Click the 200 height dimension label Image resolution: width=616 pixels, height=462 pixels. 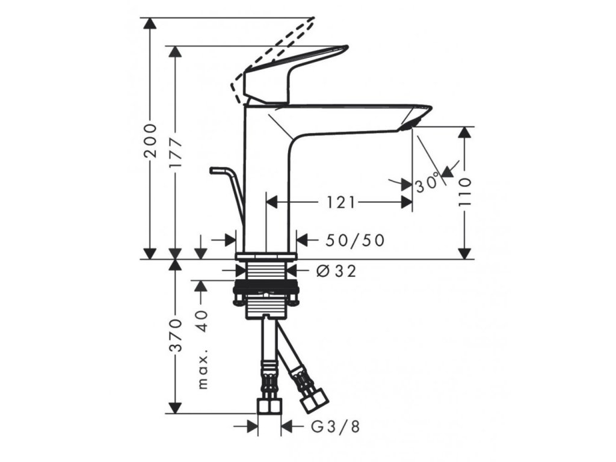pos(152,140)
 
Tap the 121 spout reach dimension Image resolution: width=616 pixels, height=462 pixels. pos(340,202)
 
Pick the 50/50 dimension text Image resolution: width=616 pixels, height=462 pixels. pos(355,240)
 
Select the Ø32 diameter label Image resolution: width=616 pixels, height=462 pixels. pos(336,271)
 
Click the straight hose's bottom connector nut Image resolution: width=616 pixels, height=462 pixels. pos(268,407)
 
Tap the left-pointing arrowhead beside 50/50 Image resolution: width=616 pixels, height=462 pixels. pos(304,240)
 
